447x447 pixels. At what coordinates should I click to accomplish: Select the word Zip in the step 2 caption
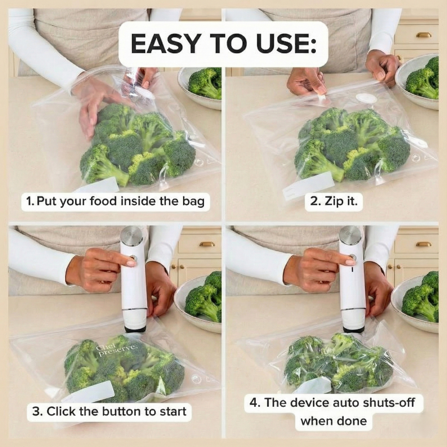(333, 201)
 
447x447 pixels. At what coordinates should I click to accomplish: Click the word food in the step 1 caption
(103, 201)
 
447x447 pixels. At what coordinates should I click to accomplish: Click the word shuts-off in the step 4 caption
(389, 403)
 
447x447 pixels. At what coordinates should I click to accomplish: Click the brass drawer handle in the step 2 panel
(423, 35)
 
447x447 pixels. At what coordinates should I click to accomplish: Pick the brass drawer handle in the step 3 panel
(207, 244)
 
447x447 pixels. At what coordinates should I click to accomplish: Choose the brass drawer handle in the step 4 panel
(423, 244)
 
